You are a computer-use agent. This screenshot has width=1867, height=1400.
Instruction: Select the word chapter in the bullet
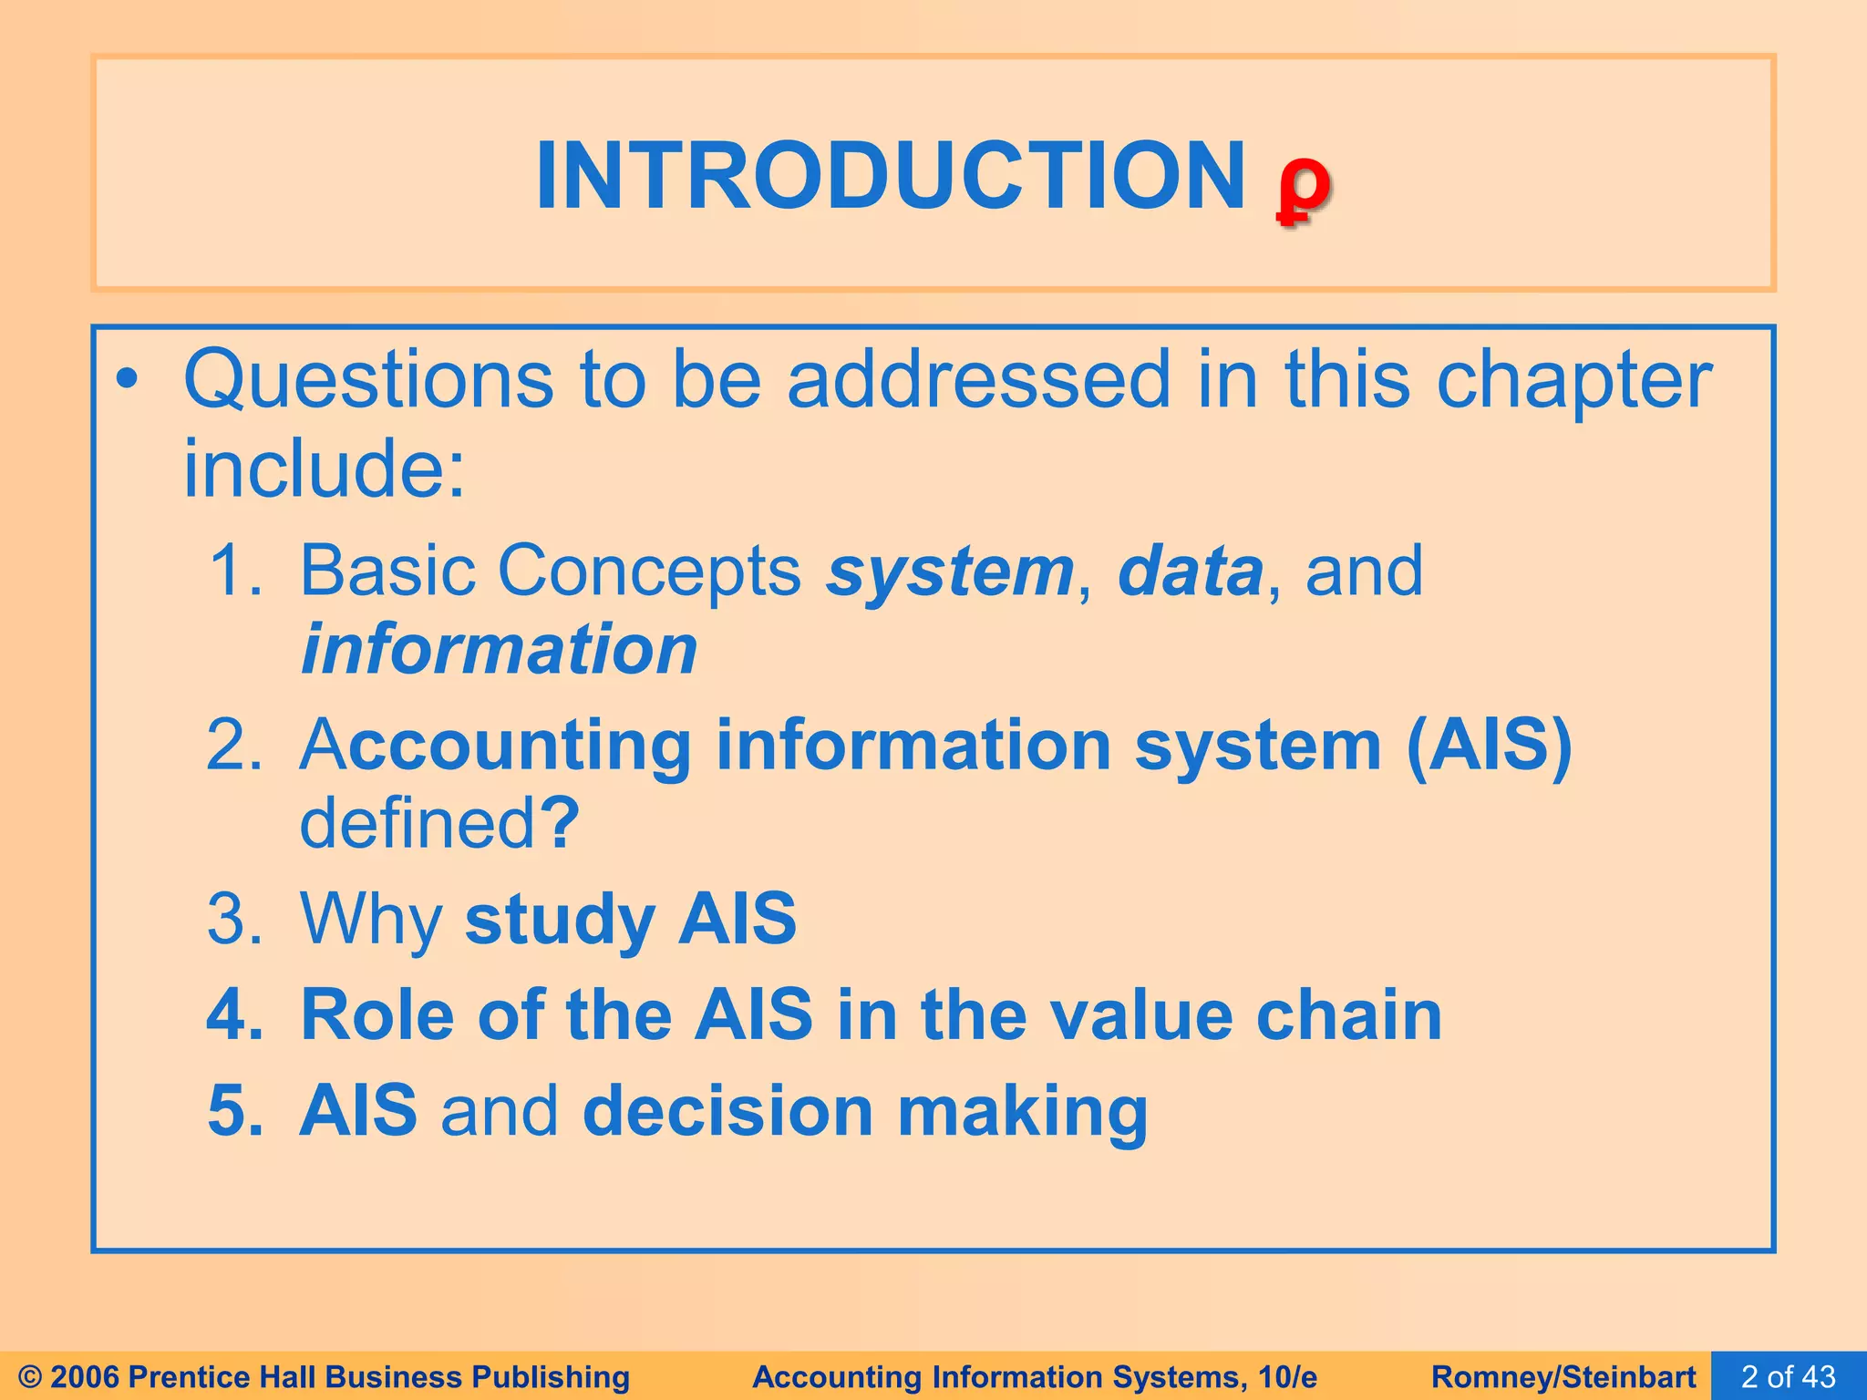[x=1573, y=381]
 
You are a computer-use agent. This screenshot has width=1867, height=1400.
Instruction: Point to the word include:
[x=324, y=468]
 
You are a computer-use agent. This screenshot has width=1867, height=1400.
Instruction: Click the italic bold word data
[x=1189, y=571]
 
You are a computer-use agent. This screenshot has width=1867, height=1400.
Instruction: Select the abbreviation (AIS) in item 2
[x=1489, y=746]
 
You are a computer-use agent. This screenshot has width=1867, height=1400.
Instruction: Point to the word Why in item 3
[x=370, y=919]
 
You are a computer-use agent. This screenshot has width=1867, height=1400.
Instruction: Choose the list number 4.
[x=232, y=1015]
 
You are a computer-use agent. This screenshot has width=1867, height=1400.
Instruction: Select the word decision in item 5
[x=727, y=1112]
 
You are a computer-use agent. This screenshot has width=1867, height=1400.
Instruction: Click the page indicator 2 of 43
[x=1788, y=1376]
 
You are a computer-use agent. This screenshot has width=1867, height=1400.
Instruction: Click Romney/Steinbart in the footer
[x=1563, y=1376]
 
